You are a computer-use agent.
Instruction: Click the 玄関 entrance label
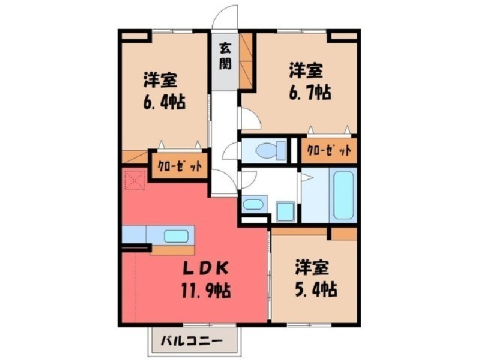tap(225, 56)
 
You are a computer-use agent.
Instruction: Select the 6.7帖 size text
tap(310, 93)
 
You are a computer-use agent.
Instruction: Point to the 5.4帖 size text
tap(315, 289)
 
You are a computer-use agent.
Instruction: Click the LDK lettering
tap(206, 268)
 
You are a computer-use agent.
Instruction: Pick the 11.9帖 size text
tap(206, 290)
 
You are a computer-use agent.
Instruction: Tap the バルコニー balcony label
tap(192, 341)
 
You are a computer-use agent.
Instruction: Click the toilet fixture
tap(270, 150)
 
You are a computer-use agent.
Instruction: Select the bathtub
tap(343, 195)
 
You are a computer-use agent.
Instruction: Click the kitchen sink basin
tap(176, 236)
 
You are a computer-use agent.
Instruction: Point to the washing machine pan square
tap(285, 211)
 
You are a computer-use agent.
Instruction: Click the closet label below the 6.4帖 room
tap(180, 166)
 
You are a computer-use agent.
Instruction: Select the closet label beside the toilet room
tap(329, 150)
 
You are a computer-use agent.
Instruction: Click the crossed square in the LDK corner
tap(135, 180)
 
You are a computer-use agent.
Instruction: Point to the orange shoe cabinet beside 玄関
tap(246, 60)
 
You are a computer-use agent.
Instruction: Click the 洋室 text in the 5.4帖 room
tap(312, 268)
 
